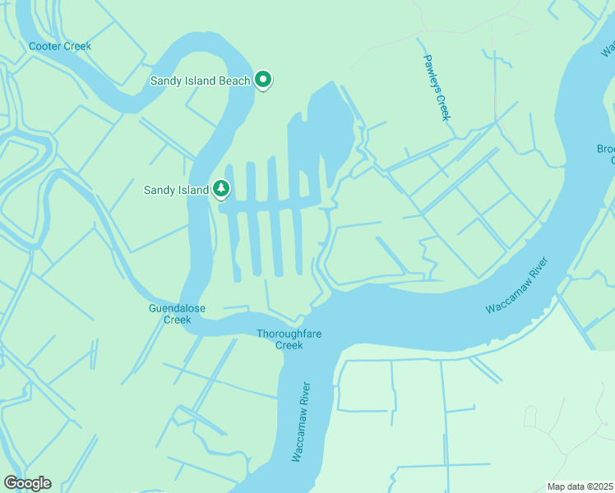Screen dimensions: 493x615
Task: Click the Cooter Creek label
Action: tap(60, 46)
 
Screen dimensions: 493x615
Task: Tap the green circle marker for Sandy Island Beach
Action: tap(263, 80)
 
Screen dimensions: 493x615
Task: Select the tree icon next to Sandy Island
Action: tap(220, 190)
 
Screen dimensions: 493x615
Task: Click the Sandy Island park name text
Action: tap(176, 191)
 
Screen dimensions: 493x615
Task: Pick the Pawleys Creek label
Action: tap(437, 87)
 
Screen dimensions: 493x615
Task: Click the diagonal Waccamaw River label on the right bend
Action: tap(516, 285)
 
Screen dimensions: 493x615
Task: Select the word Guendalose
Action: tap(177, 309)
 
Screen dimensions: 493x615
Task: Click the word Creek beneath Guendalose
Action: tap(177, 320)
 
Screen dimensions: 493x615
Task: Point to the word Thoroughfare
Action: tap(292, 334)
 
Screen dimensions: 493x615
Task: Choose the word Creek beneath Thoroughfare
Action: tap(289, 345)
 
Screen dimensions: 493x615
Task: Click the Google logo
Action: tap(27, 483)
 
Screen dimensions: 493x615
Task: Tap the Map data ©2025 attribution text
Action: tap(579, 486)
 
